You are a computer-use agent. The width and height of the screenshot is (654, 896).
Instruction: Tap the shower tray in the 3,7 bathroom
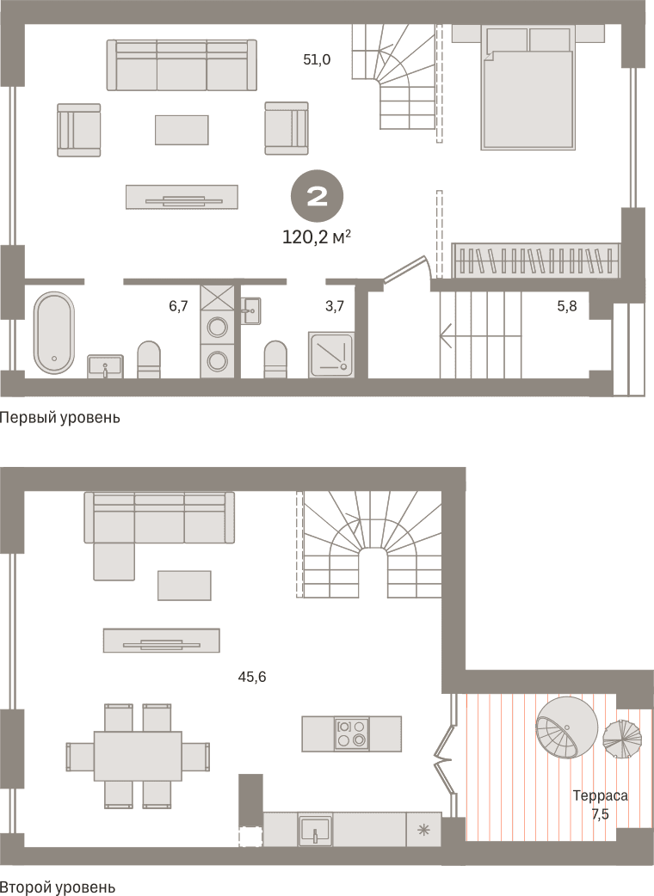click(x=331, y=353)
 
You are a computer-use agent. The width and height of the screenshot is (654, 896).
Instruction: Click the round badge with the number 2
click(x=318, y=197)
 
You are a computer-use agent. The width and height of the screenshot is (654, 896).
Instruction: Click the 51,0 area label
click(x=318, y=59)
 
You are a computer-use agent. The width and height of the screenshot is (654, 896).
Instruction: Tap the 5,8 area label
click(x=567, y=306)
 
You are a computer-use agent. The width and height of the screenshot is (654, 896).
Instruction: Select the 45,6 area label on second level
click(x=252, y=677)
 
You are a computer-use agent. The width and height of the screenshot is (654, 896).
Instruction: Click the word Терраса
click(x=601, y=795)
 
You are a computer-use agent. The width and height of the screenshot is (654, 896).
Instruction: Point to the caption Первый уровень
click(x=60, y=418)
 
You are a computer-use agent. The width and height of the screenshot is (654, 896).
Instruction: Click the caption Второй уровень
click(x=58, y=887)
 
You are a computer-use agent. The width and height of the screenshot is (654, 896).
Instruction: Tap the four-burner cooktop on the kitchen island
click(x=352, y=733)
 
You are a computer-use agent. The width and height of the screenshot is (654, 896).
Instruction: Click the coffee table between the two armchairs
click(x=182, y=130)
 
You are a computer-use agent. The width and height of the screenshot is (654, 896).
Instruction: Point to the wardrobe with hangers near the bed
click(x=535, y=261)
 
